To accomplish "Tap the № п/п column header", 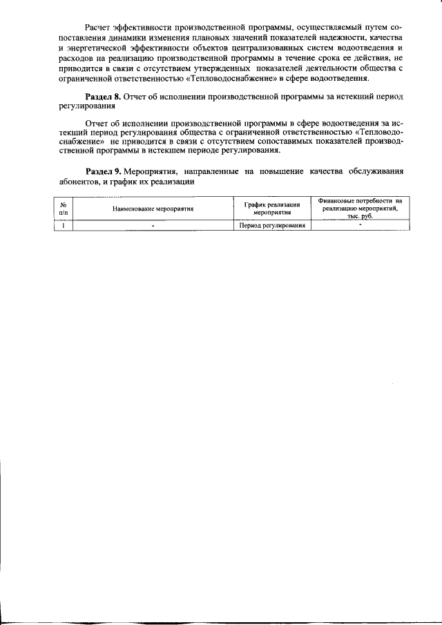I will [x=64, y=208].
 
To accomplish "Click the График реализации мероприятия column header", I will [x=272, y=208].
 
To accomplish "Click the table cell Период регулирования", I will [x=272, y=225].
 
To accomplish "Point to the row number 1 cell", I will [x=64, y=225].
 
